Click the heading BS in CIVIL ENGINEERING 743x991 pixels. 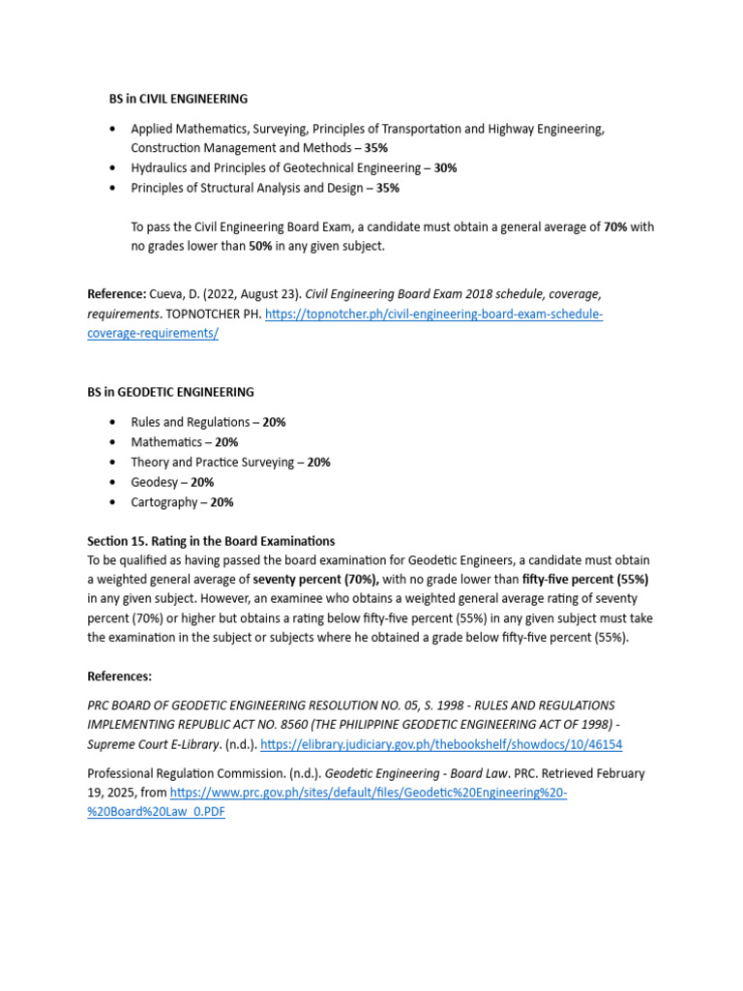(178, 99)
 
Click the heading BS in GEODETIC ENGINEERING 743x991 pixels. (170, 392)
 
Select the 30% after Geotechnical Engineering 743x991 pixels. (445, 168)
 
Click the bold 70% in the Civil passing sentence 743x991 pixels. (615, 227)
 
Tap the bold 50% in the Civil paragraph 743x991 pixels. (260, 247)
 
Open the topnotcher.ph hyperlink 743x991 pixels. (433, 315)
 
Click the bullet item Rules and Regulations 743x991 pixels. (191, 423)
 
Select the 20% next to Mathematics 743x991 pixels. (226, 442)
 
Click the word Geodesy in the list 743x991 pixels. (155, 482)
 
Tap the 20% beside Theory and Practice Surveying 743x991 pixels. (318, 463)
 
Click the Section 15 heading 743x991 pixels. (211, 541)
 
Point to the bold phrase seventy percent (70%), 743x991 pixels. (316, 580)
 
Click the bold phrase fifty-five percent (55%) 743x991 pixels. (585, 580)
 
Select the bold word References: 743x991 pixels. (119, 676)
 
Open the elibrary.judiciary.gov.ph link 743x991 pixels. (441, 744)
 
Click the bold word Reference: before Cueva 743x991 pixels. (117, 293)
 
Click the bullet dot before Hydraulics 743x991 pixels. (113, 168)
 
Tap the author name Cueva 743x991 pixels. (168, 293)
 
